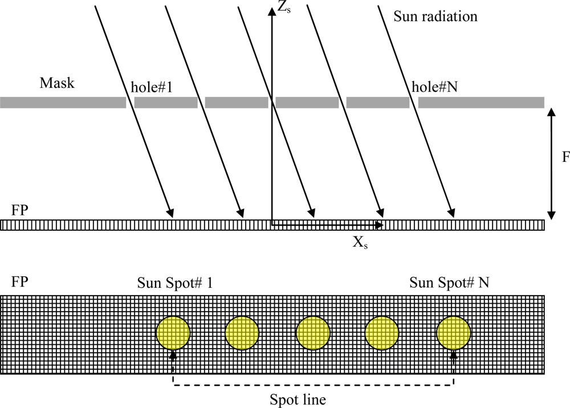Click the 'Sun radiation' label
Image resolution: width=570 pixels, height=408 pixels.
435,17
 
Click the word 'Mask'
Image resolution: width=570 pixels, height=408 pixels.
57,83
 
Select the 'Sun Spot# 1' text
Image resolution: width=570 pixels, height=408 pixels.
175,283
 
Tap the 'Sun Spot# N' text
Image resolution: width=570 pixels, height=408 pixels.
449,283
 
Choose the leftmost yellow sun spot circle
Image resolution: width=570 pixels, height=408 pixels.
173,333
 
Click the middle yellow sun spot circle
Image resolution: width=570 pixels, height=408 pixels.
313,333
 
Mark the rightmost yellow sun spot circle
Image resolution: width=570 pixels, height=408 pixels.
454,333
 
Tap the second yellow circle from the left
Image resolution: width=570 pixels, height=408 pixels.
242,333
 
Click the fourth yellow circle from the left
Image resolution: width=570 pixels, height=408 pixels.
382,333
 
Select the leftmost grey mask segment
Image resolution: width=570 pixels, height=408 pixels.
63,103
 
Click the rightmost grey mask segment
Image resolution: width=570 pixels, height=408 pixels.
481,103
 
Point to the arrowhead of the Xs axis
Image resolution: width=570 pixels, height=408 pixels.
381,225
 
